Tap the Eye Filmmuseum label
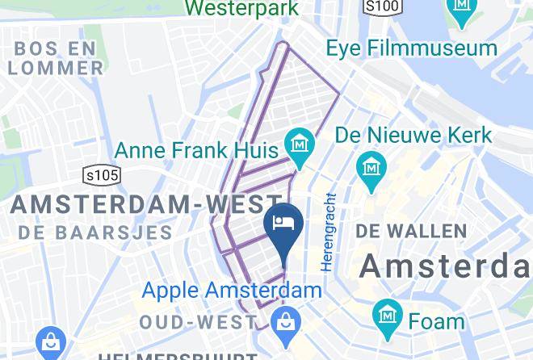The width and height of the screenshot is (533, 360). point(411,48)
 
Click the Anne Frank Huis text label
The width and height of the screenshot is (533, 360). point(197,150)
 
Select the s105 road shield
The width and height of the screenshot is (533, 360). point(101,175)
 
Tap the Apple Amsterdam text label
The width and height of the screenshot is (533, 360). point(233,289)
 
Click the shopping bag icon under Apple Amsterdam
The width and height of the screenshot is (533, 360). point(285,323)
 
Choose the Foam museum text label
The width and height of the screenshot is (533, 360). point(436,320)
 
